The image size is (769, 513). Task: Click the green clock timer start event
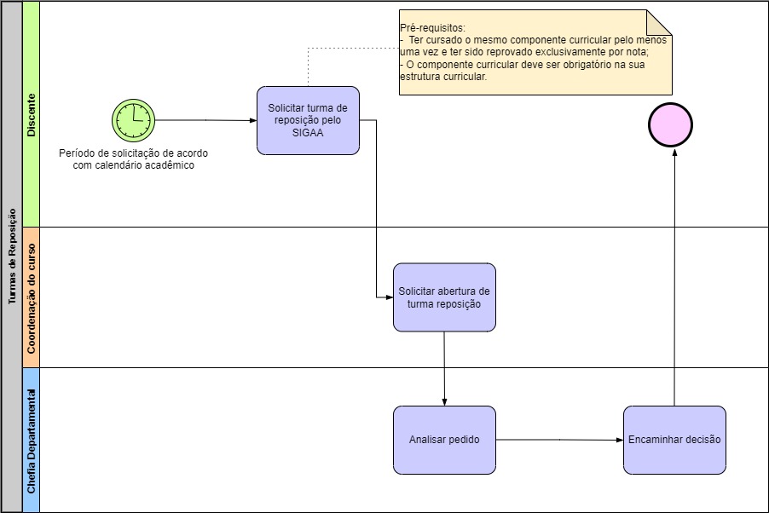point(133,119)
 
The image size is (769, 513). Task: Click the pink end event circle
point(671,125)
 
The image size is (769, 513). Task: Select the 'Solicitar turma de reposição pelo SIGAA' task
point(308,120)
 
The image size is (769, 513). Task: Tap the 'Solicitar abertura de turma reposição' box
point(444,297)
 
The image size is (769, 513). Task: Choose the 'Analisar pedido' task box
point(444,440)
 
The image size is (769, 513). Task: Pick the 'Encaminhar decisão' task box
point(674,440)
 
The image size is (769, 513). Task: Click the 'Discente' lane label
point(31,114)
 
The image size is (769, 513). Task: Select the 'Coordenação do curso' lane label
point(31,297)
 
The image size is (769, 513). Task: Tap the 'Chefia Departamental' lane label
point(31,441)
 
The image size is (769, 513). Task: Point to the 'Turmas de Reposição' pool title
point(12,256)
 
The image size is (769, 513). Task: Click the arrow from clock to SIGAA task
point(205,120)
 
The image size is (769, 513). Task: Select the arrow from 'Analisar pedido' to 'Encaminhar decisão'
point(558,440)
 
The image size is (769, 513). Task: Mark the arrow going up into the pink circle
point(674,273)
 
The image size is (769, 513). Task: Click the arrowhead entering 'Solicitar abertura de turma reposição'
point(388,297)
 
